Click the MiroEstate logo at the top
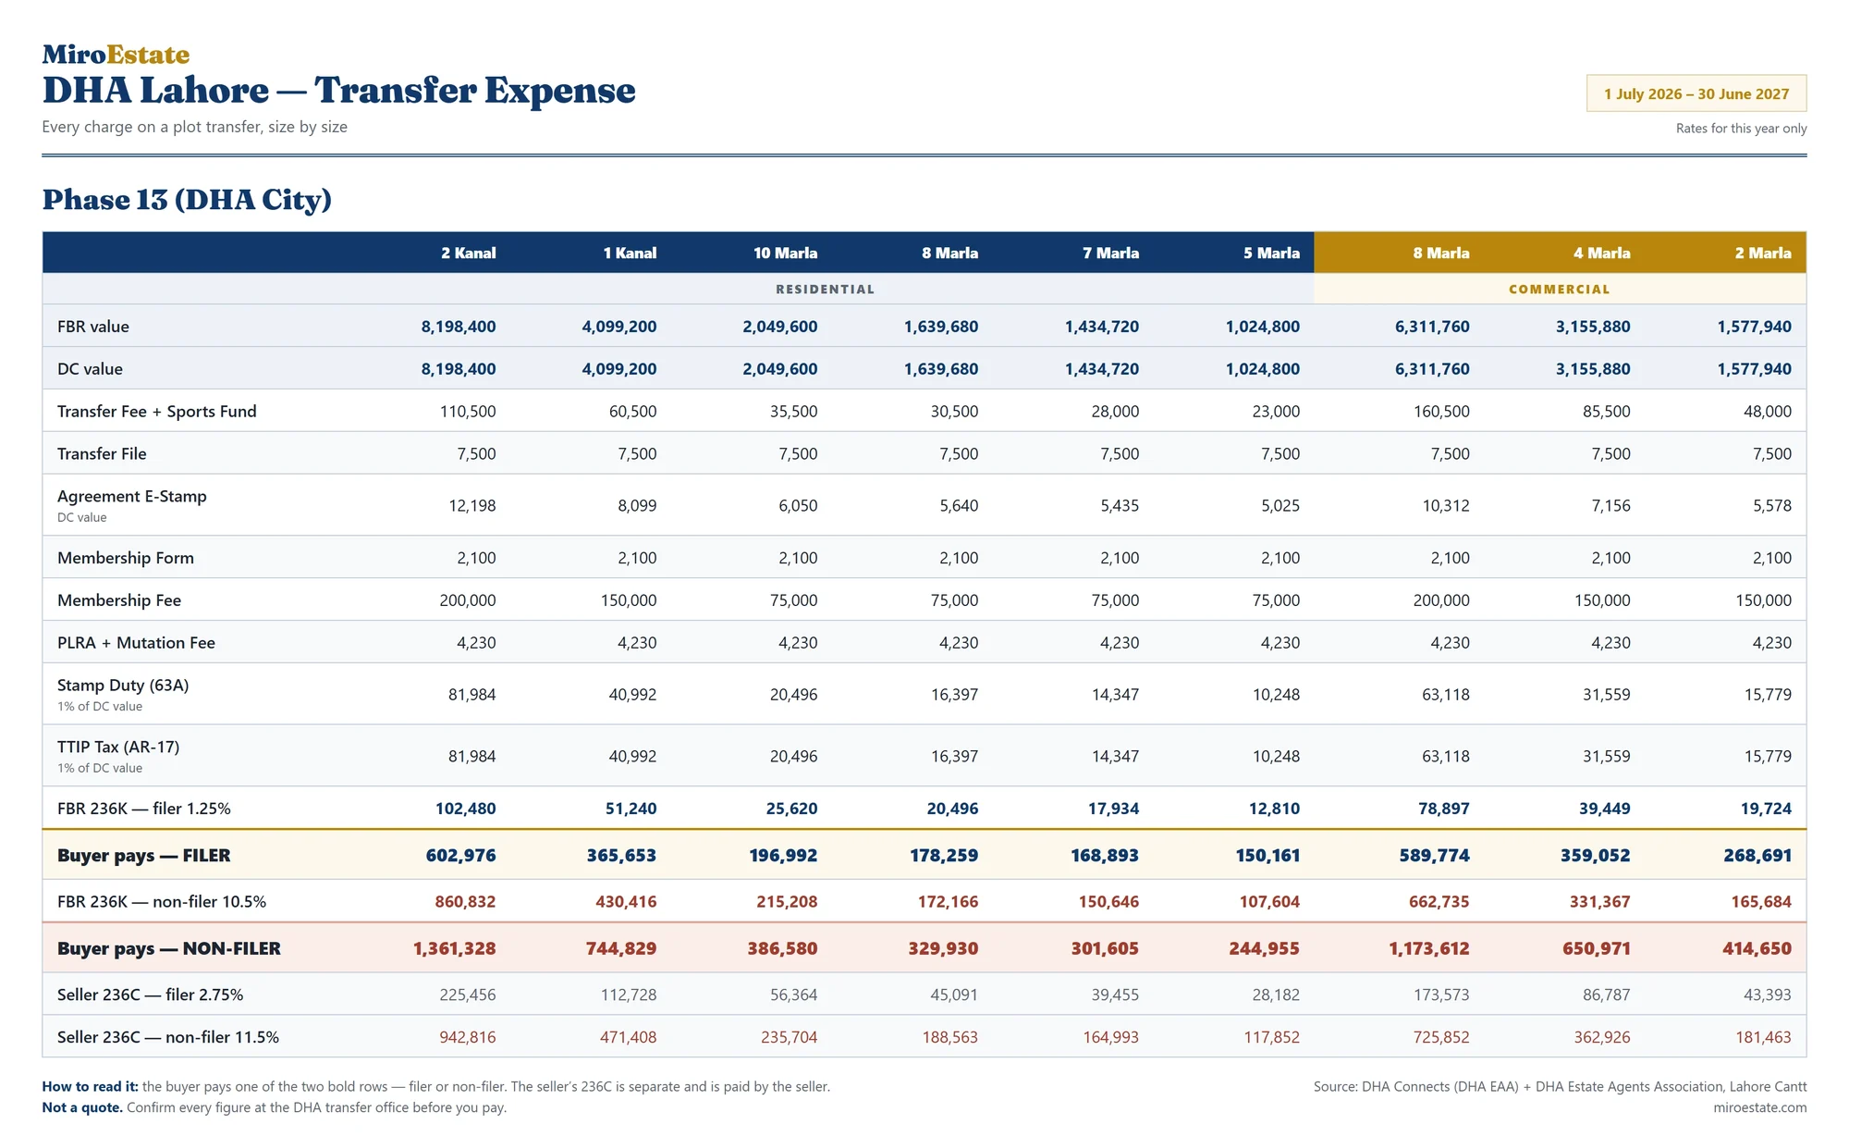click(x=116, y=55)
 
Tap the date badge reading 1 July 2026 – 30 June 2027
click(x=1696, y=93)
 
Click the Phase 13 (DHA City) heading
click(x=187, y=199)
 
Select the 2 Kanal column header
click(x=468, y=253)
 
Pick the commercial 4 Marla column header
click(x=1602, y=253)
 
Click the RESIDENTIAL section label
click(x=825, y=290)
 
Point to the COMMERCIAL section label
click(x=1560, y=290)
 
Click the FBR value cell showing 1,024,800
click(x=1262, y=327)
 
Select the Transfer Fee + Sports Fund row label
click(x=157, y=411)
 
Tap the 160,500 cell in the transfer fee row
click(x=1441, y=411)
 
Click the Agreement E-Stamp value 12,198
click(x=471, y=505)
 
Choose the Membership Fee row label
click(x=119, y=599)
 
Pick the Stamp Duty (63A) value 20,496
click(x=793, y=694)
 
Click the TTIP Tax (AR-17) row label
click(x=118, y=747)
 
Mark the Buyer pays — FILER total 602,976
click(x=460, y=855)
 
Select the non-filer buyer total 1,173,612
click(x=1428, y=948)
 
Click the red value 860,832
click(x=465, y=901)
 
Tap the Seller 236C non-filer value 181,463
click(x=1763, y=1037)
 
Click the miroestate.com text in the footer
click(x=1759, y=1107)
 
